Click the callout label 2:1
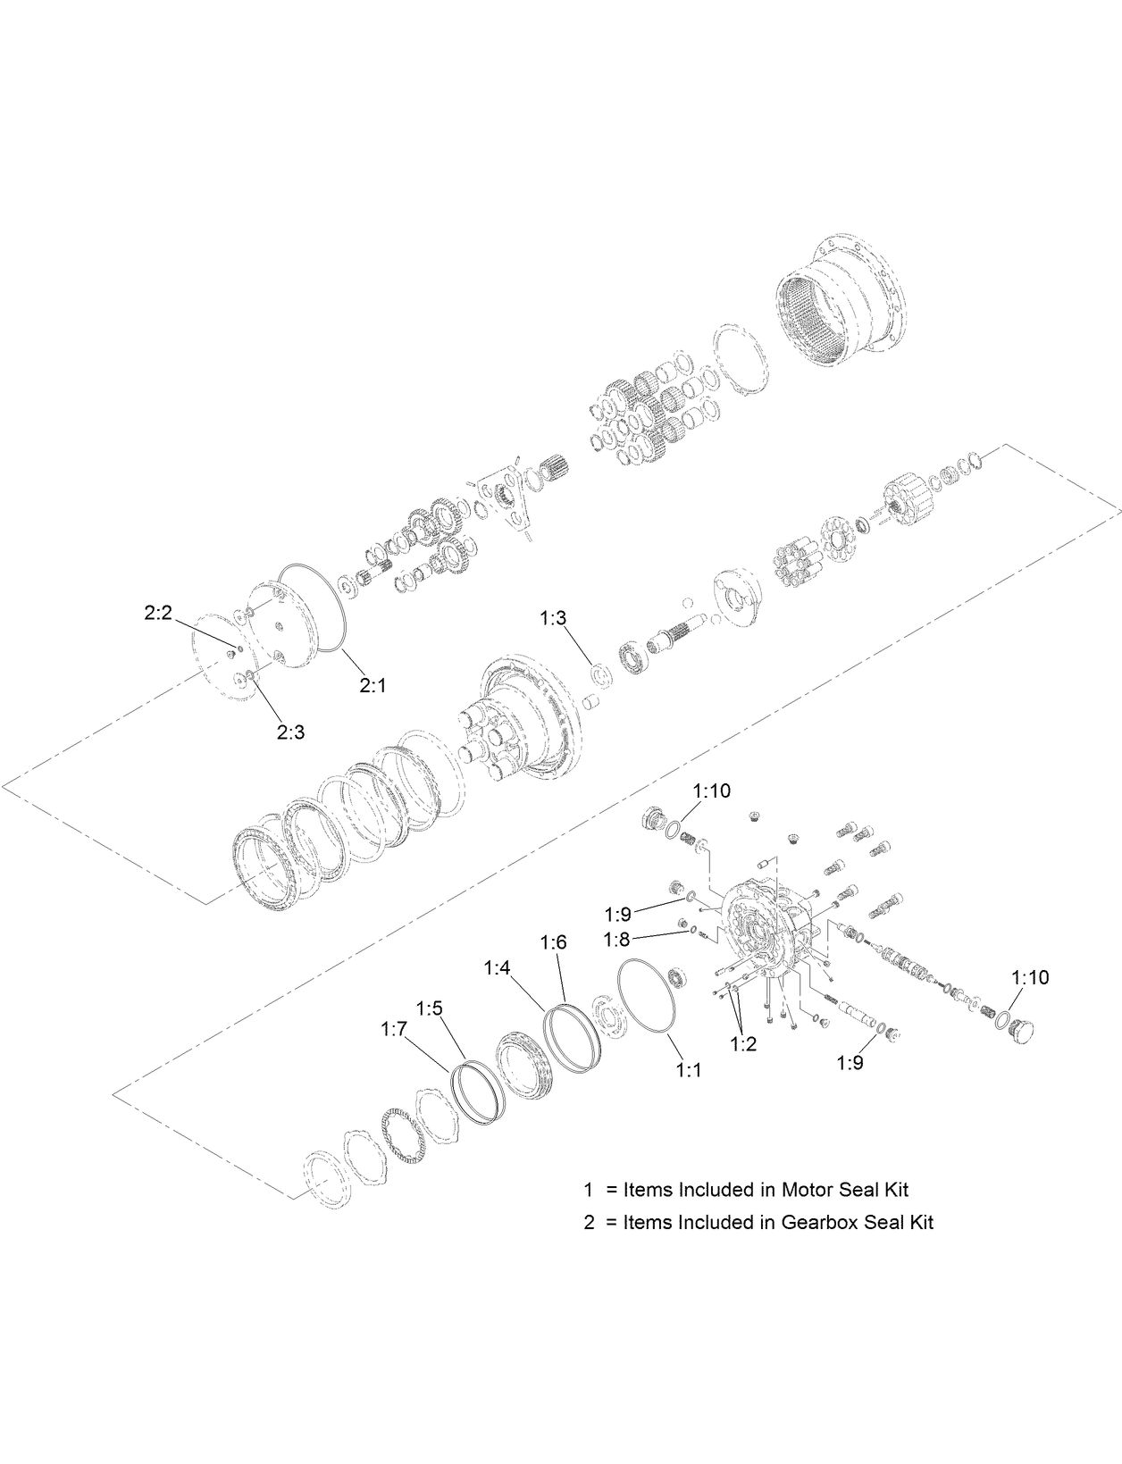pyautogui.click(x=373, y=685)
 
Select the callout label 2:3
pyautogui.click(x=290, y=732)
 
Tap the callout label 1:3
pyautogui.click(x=553, y=617)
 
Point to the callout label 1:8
pyautogui.click(x=617, y=939)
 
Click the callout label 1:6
pyautogui.click(x=554, y=942)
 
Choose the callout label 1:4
pyautogui.click(x=498, y=967)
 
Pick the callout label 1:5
pyautogui.click(x=429, y=1008)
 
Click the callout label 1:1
pyautogui.click(x=688, y=1069)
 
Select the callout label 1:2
pyautogui.click(x=743, y=1043)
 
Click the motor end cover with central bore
pyautogui.click(x=759, y=933)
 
